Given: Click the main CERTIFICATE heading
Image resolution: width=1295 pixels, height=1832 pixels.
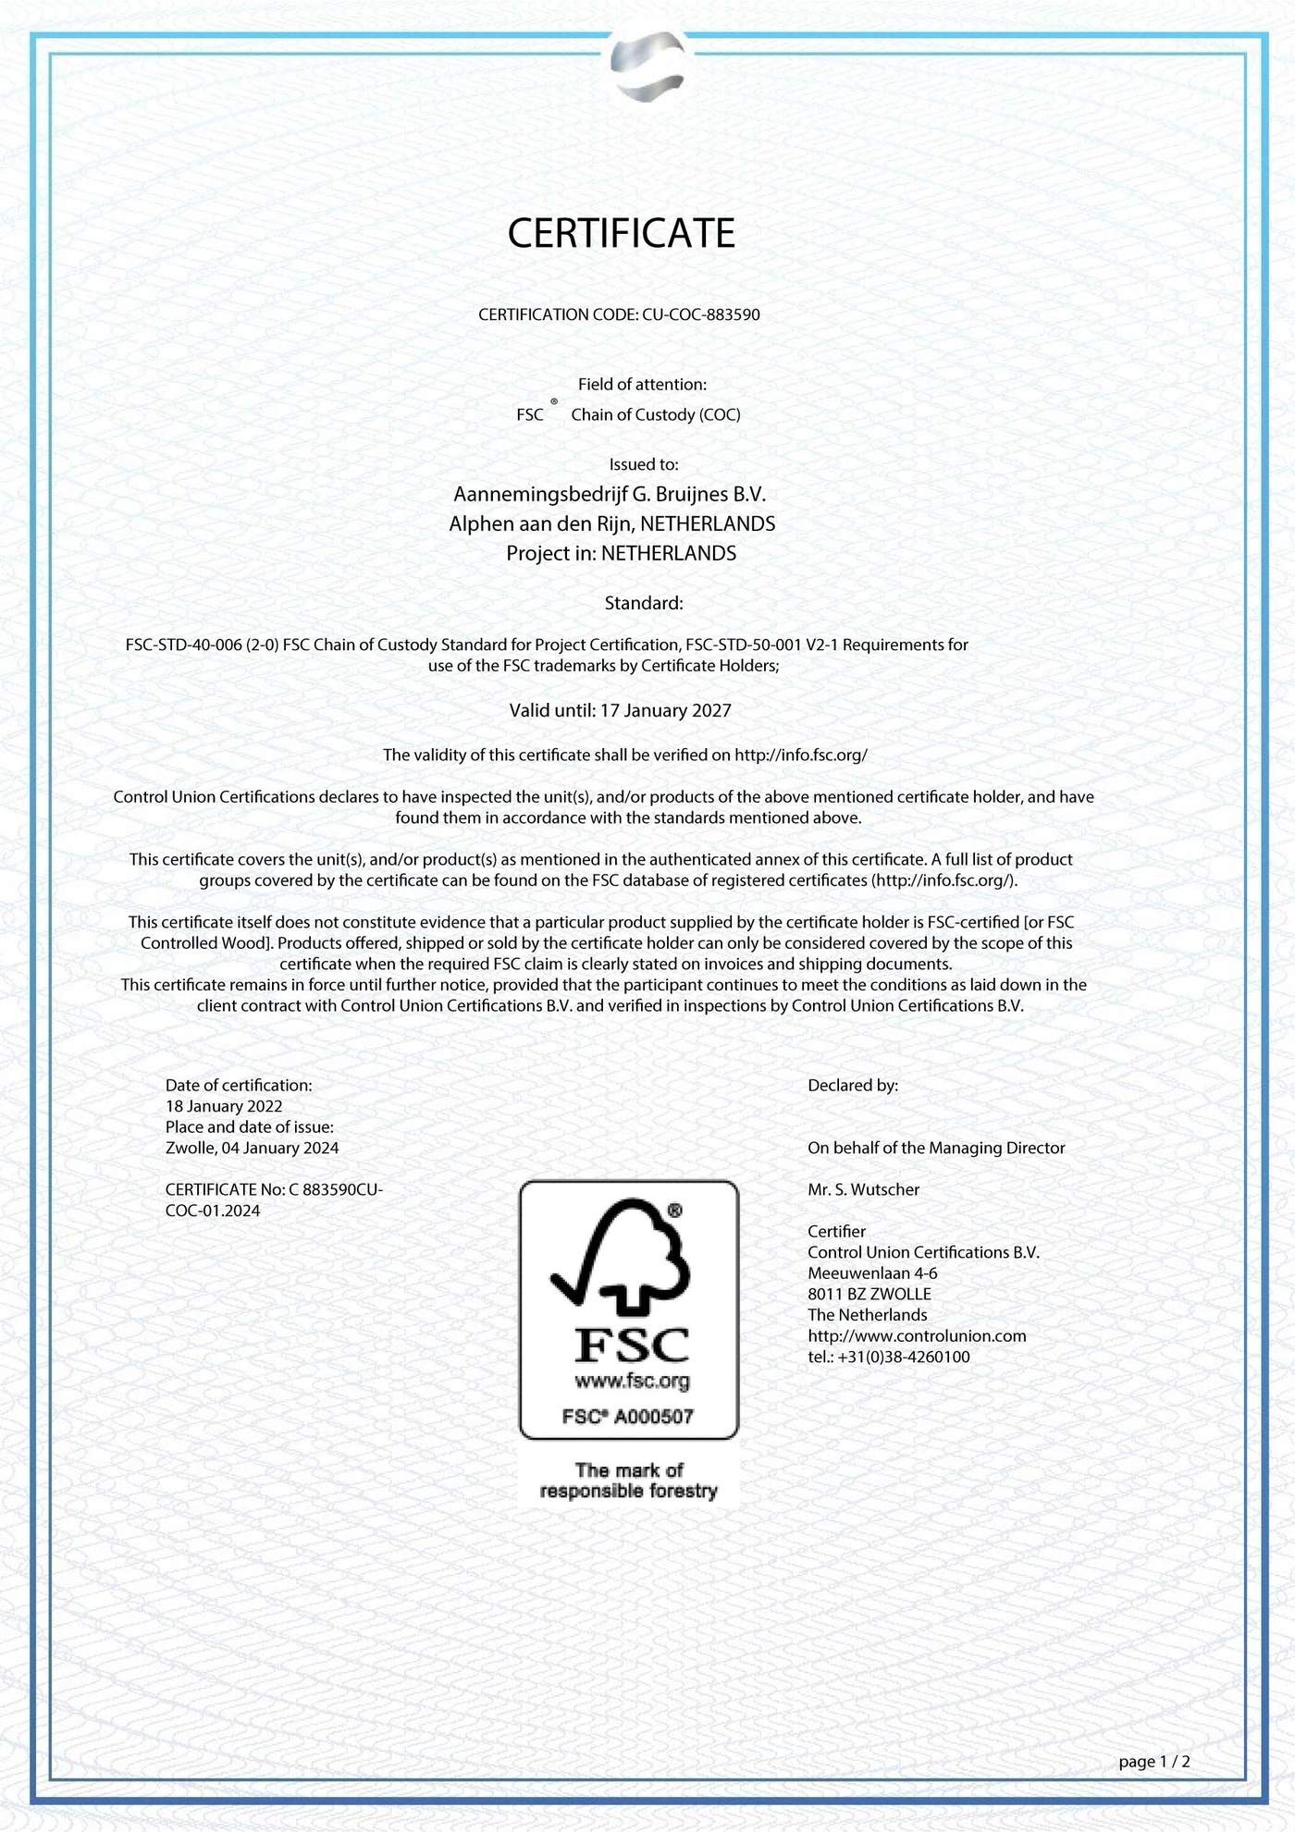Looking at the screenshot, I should [621, 233].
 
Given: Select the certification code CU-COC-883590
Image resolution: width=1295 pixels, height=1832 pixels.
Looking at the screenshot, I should [700, 314].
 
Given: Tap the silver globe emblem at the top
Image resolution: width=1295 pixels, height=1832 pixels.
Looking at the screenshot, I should [647, 64].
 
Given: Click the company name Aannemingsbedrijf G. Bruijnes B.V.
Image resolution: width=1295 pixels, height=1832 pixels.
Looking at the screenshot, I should [610, 494].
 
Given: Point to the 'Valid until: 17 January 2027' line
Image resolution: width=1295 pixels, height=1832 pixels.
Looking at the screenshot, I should [620, 710].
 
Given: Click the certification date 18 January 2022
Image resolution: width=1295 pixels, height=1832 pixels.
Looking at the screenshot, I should [224, 1106].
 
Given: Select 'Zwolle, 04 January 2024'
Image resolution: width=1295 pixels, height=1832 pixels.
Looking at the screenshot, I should [252, 1148].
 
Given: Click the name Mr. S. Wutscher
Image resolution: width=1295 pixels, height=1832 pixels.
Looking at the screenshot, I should [863, 1189].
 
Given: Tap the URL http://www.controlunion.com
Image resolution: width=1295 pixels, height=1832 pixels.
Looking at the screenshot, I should [917, 1335].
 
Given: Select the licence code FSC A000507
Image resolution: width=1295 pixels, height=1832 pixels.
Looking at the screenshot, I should [628, 1416].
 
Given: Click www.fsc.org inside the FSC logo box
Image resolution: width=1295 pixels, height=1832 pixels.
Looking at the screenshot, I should [632, 1381].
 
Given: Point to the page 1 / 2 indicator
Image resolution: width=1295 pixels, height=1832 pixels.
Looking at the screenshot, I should [1153, 1762].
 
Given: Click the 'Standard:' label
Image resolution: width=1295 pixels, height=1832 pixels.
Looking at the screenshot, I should [644, 603].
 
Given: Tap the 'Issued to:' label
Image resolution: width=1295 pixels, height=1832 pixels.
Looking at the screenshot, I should [644, 464].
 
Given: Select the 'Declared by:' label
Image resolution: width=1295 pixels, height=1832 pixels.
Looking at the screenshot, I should [853, 1085].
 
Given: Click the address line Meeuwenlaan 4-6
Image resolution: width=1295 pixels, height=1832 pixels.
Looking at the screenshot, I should [872, 1273].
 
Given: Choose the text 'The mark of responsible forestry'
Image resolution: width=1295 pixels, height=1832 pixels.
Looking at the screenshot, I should [628, 1481].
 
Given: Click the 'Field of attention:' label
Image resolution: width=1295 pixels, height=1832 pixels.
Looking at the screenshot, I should [642, 384].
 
